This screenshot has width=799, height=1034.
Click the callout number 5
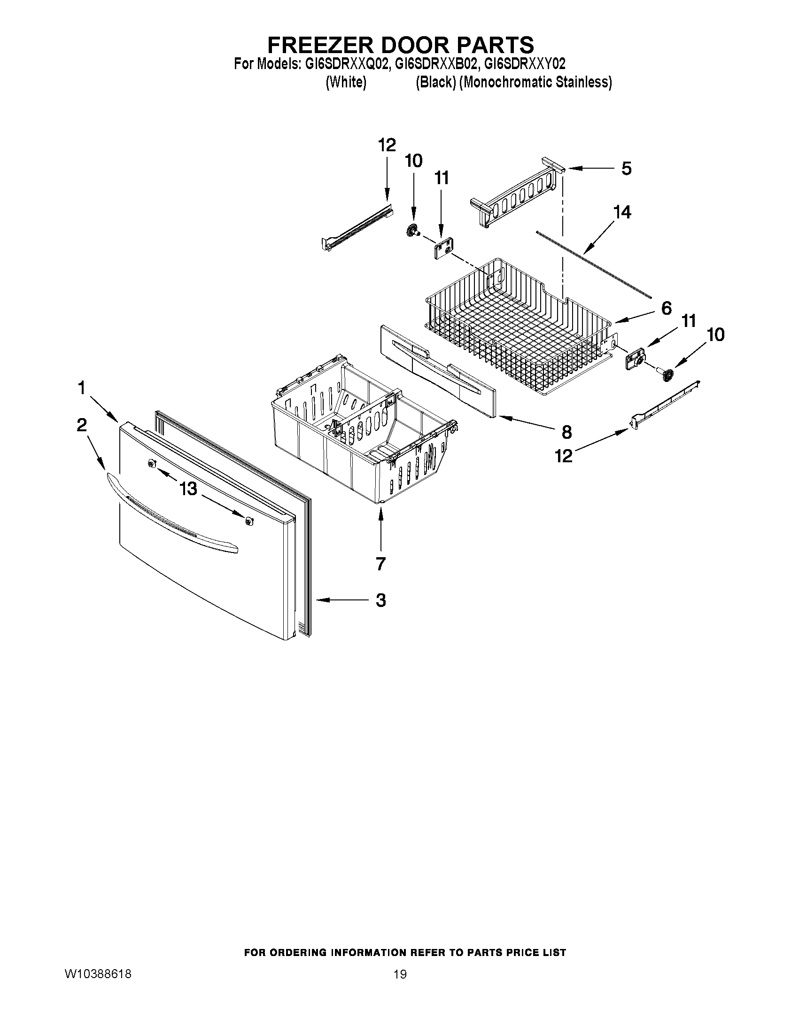[x=626, y=169]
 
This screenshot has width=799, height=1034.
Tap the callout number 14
[x=622, y=212]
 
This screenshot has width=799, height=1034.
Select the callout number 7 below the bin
[x=380, y=563]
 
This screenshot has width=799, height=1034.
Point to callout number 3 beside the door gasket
[x=380, y=600]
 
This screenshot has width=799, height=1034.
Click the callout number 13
[x=188, y=488]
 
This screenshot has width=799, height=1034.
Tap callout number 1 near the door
[x=81, y=388]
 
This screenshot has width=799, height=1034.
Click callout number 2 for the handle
[x=81, y=425]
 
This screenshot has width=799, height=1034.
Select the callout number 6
[x=666, y=308]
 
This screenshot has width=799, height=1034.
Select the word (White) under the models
[x=347, y=82]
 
